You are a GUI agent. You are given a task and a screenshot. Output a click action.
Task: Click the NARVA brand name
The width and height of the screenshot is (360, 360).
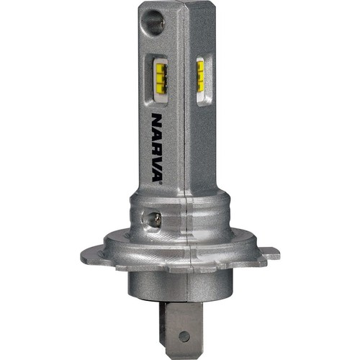(157, 148)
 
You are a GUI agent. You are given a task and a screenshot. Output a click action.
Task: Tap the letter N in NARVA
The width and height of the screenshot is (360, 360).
(157, 120)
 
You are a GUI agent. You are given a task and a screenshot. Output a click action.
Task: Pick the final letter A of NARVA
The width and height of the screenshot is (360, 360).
(157, 174)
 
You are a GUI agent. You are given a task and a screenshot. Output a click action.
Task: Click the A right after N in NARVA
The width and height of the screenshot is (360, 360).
(157, 134)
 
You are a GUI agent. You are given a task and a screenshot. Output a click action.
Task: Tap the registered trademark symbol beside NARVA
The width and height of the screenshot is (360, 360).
(161, 184)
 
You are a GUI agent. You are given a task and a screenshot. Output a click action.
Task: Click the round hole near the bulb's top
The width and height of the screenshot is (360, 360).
(154, 22)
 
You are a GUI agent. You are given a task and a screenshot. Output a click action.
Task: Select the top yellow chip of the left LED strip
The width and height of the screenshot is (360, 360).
(160, 69)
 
